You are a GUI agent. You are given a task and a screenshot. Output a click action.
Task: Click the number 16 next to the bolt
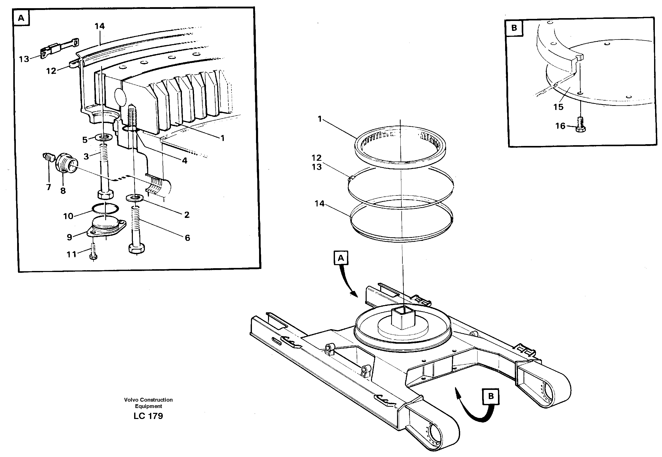point(560,126)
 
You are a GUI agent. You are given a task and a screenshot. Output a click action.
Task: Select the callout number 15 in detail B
point(558,107)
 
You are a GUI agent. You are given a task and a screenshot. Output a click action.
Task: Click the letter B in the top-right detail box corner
point(514,28)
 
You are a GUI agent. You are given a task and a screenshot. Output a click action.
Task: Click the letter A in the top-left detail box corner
point(21,18)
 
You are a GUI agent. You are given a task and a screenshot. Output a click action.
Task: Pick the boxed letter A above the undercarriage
point(341,258)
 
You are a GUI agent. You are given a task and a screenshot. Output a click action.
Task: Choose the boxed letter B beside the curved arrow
point(491,396)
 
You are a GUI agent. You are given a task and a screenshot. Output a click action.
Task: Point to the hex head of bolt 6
point(137,248)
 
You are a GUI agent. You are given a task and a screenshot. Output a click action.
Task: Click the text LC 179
point(148,416)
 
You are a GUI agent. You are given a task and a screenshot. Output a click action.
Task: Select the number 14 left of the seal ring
point(319,204)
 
